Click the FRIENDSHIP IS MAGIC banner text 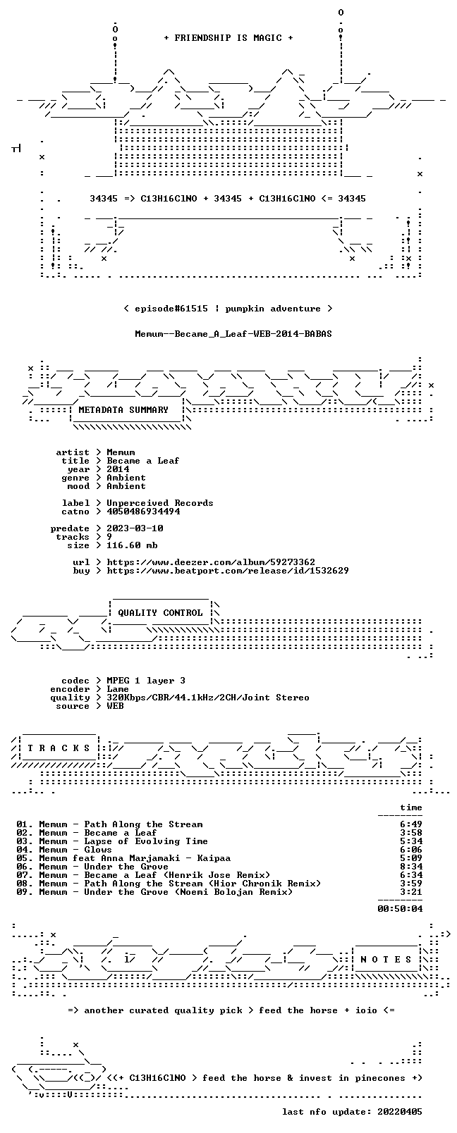[x=228, y=38]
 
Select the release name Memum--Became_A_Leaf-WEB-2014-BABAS [x=233, y=334]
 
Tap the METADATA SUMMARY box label [x=123, y=409]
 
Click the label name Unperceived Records [x=160, y=503]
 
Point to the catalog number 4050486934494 [x=143, y=512]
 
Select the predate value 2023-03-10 [x=135, y=528]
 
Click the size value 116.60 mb [x=132, y=545]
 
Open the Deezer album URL [x=211, y=562]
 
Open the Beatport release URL [x=228, y=571]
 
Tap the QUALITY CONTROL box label [x=160, y=613]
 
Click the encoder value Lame [x=117, y=689]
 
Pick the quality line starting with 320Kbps [x=207, y=698]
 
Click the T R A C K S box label [x=59, y=748]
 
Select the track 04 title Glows [x=97, y=850]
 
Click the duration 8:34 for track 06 [x=410, y=867]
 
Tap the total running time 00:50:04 [x=400, y=908]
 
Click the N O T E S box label [x=386, y=960]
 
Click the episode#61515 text [x=171, y=309]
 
